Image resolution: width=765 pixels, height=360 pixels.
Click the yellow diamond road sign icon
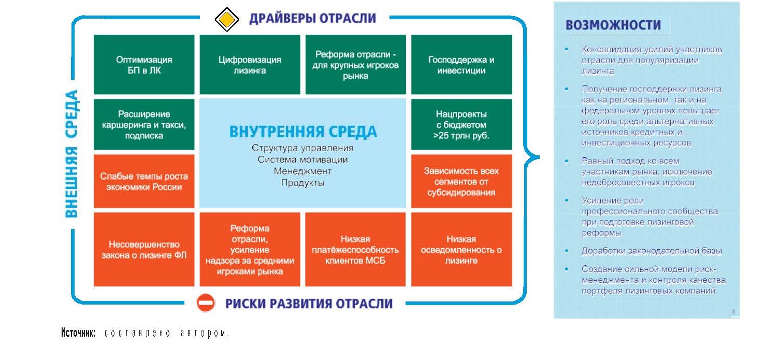pyautogui.click(x=226, y=19)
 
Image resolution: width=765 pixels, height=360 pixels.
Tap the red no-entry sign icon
pyautogui.click(x=206, y=303)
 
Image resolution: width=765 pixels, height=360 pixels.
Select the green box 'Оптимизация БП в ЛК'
pyautogui.click(x=144, y=64)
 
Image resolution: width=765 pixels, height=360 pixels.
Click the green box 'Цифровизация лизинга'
pyautogui.click(x=250, y=64)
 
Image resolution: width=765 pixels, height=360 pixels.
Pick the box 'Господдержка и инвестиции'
pyautogui.click(x=461, y=64)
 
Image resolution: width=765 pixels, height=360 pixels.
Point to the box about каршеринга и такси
pyautogui.click(x=144, y=124)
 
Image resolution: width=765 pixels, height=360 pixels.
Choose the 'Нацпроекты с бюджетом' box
pyautogui.click(x=461, y=124)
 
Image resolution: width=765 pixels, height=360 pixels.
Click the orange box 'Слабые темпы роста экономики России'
pyautogui.click(x=144, y=181)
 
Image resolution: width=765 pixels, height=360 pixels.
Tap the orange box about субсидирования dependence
pyautogui.click(x=461, y=181)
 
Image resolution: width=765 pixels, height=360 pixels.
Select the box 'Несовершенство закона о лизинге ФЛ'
pyautogui.click(x=144, y=249)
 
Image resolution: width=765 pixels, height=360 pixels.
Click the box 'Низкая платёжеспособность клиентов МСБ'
pyautogui.click(x=355, y=249)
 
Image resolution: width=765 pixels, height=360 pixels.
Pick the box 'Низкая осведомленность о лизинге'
pyautogui.click(x=461, y=249)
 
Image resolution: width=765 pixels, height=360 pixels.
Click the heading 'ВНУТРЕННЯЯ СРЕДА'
pyautogui.click(x=303, y=132)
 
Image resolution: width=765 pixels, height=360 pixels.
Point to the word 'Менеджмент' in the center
pyautogui.click(x=302, y=171)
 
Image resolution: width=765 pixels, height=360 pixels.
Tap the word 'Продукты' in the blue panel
pyautogui.click(x=302, y=183)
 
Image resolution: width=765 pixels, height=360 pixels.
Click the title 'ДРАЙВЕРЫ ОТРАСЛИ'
pyautogui.click(x=312, y=18)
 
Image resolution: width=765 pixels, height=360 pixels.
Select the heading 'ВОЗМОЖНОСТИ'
pyautogui.click(x=613, y=25)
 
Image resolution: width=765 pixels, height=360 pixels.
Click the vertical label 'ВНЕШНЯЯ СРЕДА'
pyautogui.click(x=71, y=154)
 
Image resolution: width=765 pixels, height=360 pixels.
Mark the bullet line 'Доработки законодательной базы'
pyautogui.click(x=652, y=251)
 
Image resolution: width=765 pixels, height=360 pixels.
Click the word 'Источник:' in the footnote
pyautogui.click(x=78, y=333)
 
